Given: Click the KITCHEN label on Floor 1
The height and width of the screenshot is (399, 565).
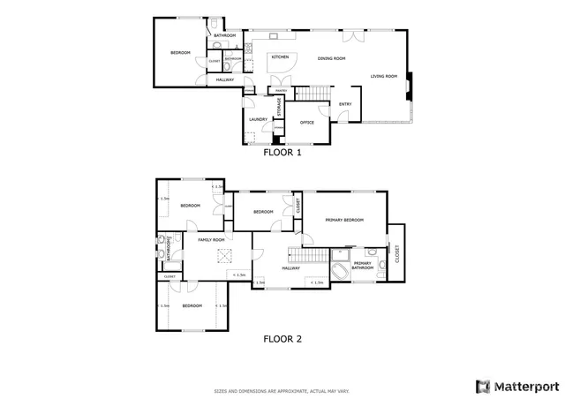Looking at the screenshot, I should (x=280, y=57).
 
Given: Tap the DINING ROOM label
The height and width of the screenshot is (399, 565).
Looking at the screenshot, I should (x=331, y=58).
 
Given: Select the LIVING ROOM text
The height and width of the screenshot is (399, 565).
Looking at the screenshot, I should (x=383, y=76).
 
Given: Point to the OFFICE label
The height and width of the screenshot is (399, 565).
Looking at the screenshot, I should (x=307, y=123).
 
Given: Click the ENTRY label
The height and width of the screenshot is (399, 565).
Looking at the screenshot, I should (x=345, y=104).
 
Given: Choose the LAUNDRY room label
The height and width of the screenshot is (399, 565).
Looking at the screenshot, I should (x=258, y=119).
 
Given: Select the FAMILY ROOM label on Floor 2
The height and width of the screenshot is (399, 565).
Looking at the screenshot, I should (x=210, y=240).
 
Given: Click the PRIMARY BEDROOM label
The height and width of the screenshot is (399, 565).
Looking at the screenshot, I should (x=343, y=220).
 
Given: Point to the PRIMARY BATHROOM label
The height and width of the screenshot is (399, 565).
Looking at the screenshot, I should (x=362, y=265).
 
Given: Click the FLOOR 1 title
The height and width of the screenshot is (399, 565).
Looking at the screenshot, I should (x=282, y=152).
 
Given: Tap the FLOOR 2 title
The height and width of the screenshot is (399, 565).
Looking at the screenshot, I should (x=282, y=337).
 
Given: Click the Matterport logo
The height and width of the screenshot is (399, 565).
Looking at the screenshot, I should (x=517, y=386).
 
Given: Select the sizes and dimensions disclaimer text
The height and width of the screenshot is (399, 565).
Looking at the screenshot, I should (x=282, y=390).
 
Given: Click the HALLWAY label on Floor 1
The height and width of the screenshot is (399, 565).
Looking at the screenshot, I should (x=224, y=80).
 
